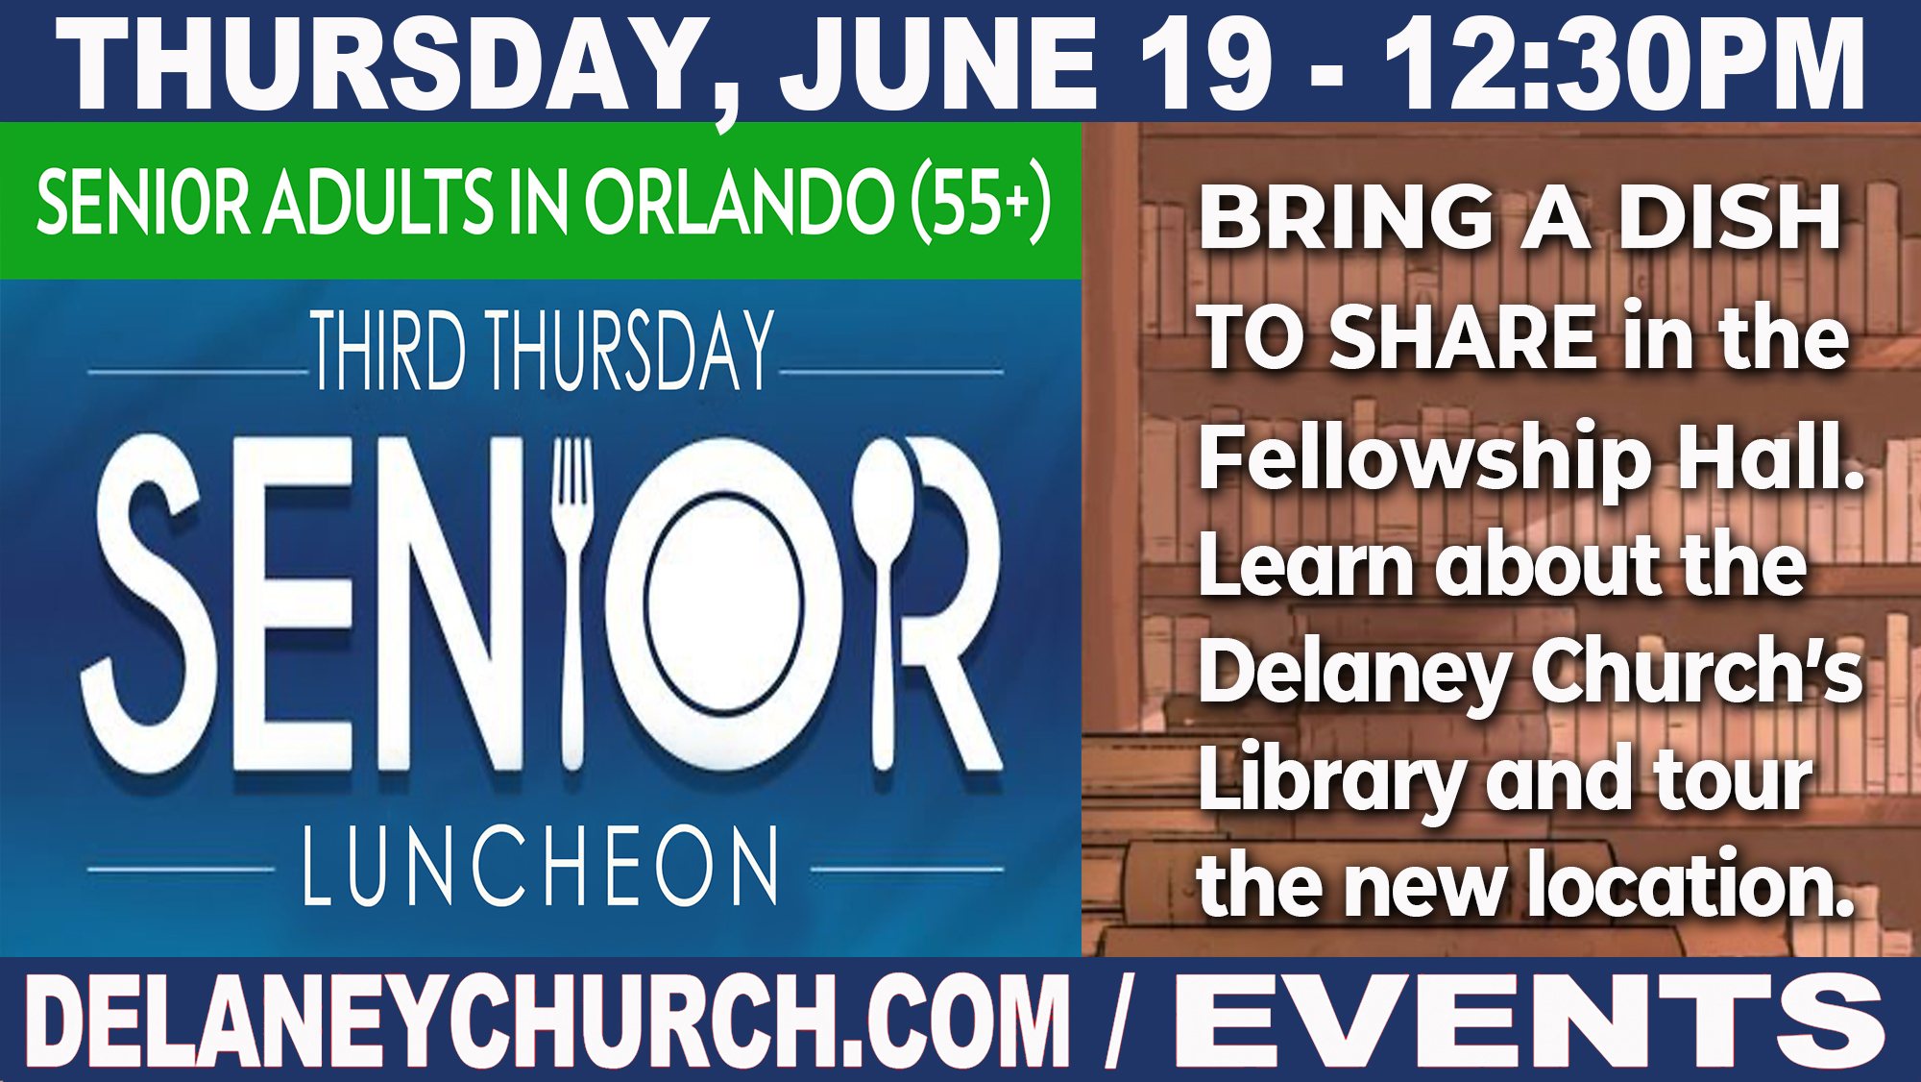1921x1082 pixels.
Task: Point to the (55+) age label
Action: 981,202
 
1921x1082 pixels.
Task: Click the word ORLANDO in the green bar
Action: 740,202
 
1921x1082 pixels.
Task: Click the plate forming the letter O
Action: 723,603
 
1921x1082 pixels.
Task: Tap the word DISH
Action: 1730,218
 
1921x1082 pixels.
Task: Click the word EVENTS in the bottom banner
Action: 1529,1021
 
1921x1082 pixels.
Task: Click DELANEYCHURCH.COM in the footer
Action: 548,1021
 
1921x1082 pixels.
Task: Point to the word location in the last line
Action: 1690,884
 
